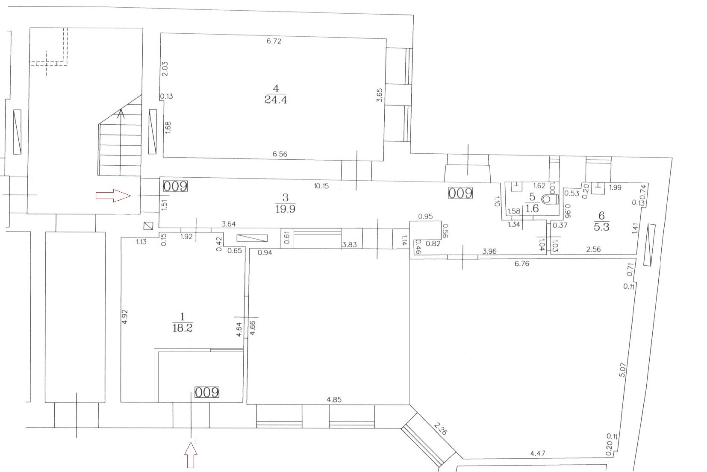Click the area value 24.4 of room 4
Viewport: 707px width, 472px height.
click(276, 100)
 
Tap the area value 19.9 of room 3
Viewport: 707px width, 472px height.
click(286, 209)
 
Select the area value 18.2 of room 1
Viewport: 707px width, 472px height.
click(183, 328)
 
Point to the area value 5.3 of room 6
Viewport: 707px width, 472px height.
click(601, 226)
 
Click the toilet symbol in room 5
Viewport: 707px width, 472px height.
click(550, 199)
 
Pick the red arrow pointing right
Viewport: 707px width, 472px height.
click(113, 196)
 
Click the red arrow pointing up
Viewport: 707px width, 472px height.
click(191, 455)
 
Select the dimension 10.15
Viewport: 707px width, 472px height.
click(321, 186)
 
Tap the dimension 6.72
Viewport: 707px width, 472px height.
click(274, 41)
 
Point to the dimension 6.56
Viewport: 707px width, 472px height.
click(280, 154)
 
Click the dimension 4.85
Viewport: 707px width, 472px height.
click(334, 400)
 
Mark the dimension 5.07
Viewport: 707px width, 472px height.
click(622, 369)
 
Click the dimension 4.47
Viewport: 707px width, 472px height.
click(537, 453)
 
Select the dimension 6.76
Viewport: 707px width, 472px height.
click(522, 264)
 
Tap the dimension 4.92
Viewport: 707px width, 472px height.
click(125, 317)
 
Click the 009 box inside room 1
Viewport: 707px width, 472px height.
click(207, 393)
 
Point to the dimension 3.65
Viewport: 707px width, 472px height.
click(380, 95)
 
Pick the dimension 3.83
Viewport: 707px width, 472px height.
click(349, 244)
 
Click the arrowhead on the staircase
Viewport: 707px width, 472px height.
click(121, 114)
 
